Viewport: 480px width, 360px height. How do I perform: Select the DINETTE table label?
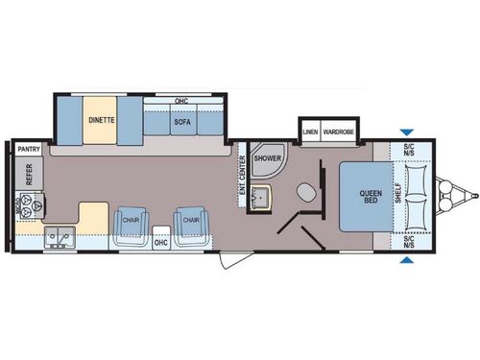100,121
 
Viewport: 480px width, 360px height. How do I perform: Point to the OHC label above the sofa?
180,101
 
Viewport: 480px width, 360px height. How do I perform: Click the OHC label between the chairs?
160,243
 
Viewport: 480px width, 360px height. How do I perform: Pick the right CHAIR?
191,222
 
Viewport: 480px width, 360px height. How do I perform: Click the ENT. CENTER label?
241,173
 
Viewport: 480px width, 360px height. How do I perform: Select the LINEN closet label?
310,131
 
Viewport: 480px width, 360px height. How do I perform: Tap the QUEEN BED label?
370,194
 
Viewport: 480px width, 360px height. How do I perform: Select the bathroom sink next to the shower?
262,197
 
